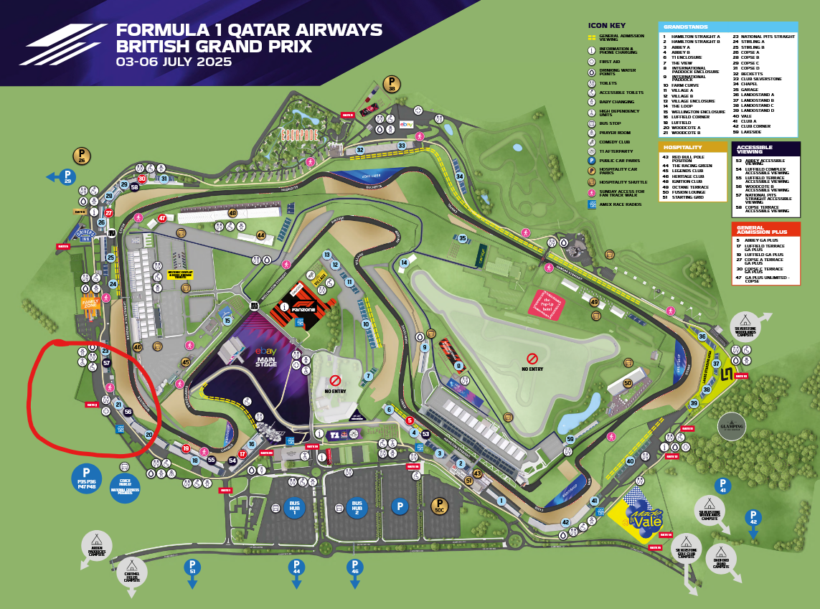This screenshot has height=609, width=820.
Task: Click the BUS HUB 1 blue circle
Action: point(294,507)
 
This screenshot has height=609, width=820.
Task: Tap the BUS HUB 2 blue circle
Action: point(354,508)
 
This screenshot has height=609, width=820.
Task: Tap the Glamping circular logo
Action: point(731,426)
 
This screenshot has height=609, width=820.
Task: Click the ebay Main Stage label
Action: point(266,357)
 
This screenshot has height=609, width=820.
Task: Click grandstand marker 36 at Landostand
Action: point(702,336)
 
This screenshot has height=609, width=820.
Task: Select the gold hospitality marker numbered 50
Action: point(628,383)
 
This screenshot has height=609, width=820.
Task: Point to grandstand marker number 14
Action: point(405,263)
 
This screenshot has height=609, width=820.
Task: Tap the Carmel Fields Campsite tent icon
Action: point(132,572)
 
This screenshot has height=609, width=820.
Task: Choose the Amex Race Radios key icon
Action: point(592,204)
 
